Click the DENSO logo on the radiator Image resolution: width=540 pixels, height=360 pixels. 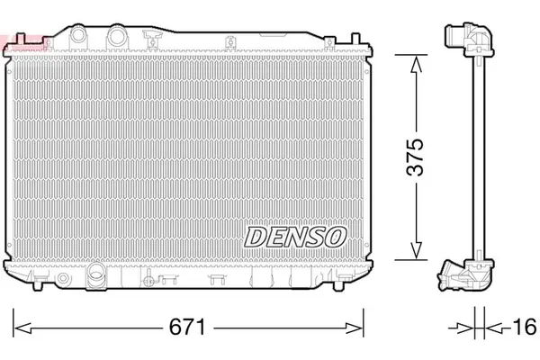(x=294, y=237)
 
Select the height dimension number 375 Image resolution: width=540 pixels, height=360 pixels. (x=415, y=157)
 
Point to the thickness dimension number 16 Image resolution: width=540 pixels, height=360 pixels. (x=521, y=325)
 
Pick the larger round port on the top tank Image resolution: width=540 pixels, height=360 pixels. (x=114, y=37)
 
